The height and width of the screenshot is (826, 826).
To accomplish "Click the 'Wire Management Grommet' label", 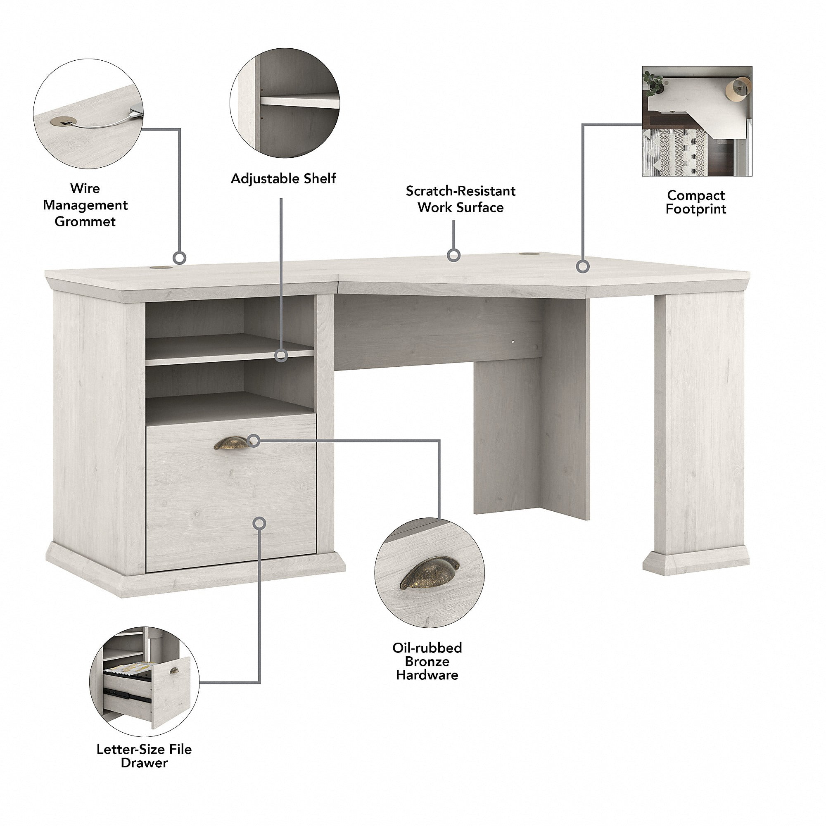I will pyautogui.click(x=85, y=205).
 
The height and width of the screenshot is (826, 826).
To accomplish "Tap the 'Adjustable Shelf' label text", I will pyautogui.click(x=283, y=178).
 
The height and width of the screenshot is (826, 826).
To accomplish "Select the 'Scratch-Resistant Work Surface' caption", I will pyautogui.click(x=460, y=199).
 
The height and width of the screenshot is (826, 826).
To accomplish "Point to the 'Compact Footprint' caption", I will pyautogui.click(x=695, y=202).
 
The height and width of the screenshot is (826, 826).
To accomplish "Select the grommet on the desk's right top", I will pyautogui.click(x=529, y=255).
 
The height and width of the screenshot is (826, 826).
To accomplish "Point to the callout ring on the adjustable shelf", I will pyautogui.click(x=281, y=355).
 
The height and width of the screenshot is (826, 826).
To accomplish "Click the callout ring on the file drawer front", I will pyautogui.click(x=259, y=523).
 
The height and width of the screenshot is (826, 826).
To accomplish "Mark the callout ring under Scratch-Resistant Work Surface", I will pyautogui.click(x=453, y=256).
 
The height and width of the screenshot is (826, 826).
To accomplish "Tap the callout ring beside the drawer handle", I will pyautogui.click(x=254, y=440).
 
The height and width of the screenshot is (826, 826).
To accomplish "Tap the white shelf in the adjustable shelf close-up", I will pyautogui.click(x=299, y=101).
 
